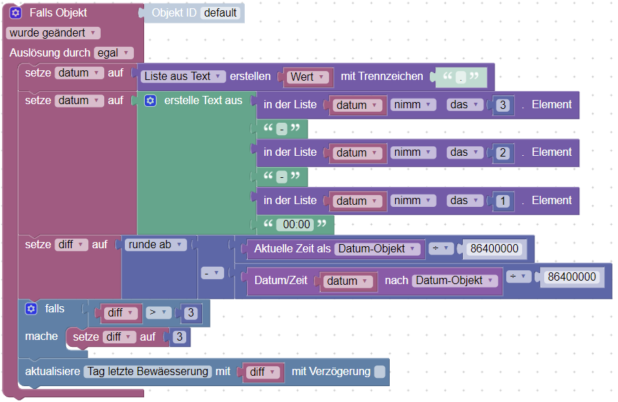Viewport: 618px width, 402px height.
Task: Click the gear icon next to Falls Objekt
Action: point(16,13)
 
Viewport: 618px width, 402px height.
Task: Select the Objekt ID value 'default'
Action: point(221,13)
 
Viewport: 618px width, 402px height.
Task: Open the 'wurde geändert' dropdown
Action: point(52,32)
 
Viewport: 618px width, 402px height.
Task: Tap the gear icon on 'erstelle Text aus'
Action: point(150,101)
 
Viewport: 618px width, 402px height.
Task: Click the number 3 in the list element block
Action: point(503,105)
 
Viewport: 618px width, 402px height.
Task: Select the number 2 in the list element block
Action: point(503,153)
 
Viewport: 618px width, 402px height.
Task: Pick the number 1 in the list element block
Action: point(503,201)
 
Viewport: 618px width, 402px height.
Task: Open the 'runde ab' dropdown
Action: point(157,244)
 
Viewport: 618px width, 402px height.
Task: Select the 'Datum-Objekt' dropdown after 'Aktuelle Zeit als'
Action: point(378,249)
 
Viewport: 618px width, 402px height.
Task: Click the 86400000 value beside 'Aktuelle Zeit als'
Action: point(494,249)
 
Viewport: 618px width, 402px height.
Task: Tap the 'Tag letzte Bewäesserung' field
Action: point(148,372)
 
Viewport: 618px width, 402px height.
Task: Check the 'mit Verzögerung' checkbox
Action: point(379,372)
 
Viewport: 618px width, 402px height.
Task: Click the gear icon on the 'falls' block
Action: point(30,309)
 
